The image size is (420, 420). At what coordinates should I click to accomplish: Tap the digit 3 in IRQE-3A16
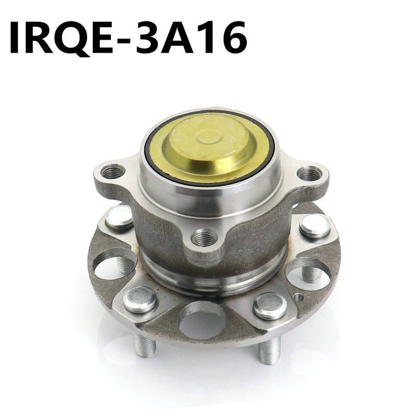(151, 37)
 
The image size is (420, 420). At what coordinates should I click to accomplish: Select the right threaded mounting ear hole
(310, 174)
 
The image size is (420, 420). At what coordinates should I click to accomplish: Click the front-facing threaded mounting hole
(204, 237)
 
